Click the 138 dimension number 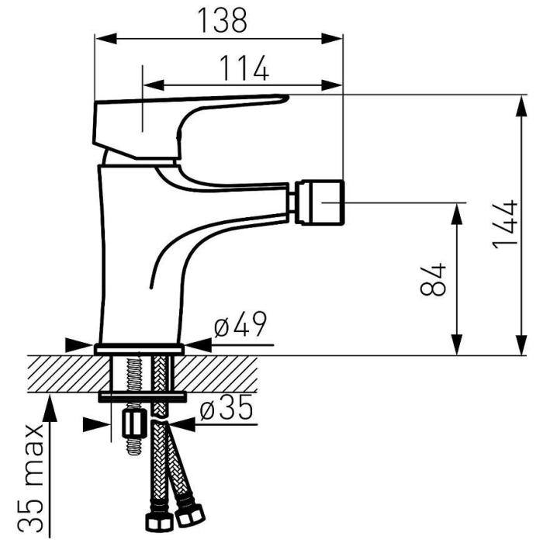coord(223,20)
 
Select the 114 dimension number coord(244,68)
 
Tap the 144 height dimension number coord(505,224)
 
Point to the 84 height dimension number coord(433,279)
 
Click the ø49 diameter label coord(240,324)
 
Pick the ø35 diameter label coord(227,407)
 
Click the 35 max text coord(35,477)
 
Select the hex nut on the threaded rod coord(133,424)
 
